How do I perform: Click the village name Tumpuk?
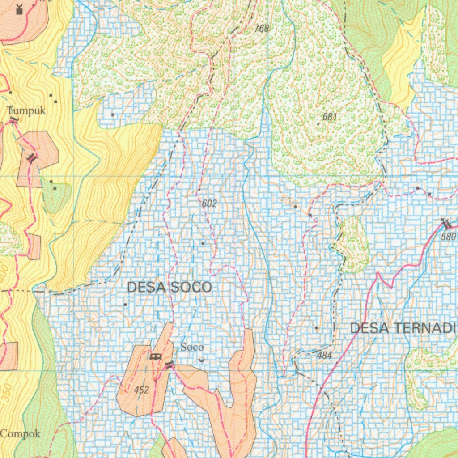tap(26, 110)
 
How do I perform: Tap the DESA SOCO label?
tap(170, 287)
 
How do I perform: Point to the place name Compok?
tap(20, 433)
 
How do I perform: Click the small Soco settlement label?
tap(192, 347)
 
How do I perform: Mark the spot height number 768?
tap(262, 29)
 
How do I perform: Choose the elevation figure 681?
tap(329, 117)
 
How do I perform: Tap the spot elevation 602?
tap(209, 204)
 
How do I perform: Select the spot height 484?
tap(324, 356)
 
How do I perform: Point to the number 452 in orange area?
tap(141, 390)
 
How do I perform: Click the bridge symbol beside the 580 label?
tap(445, 224)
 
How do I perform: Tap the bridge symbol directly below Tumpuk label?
tap(14, 119)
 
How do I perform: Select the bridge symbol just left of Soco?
tap(169, 365)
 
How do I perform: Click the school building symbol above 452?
tap(155, 356)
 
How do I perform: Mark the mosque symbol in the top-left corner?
tap(19, 9)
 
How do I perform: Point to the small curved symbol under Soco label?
tap(202, 360)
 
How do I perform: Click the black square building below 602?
tap(203, 243)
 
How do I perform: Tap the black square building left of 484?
tap(316, 328)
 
